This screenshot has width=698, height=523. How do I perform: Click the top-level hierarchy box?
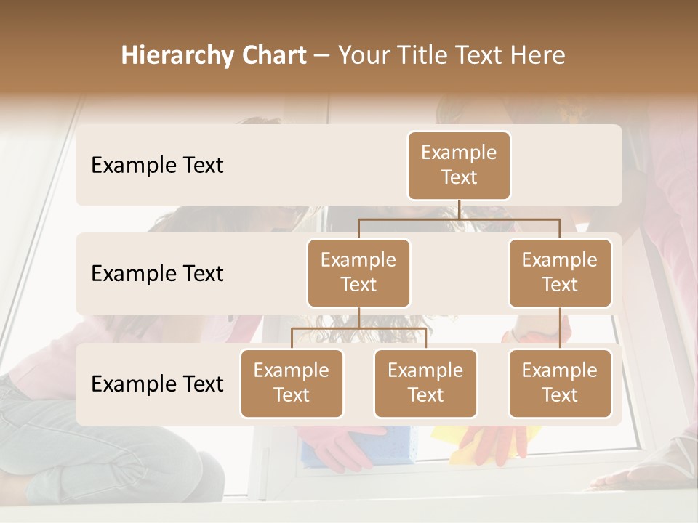point(459,165)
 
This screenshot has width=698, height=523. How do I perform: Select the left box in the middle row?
point(358,272)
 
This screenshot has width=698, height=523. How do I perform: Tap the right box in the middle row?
point(560,272)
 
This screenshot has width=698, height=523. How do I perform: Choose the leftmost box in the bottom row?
point(292,383)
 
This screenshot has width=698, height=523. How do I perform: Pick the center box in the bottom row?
point(425,383)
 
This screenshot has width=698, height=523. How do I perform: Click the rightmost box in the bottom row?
point(560,383)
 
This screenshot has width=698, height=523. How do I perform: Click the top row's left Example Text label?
point(157,166)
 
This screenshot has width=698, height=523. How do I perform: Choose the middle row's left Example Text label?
point(157,274)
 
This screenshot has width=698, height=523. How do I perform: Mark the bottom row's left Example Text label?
point(157,384)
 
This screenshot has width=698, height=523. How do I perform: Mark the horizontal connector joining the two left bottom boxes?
point(358,328)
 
